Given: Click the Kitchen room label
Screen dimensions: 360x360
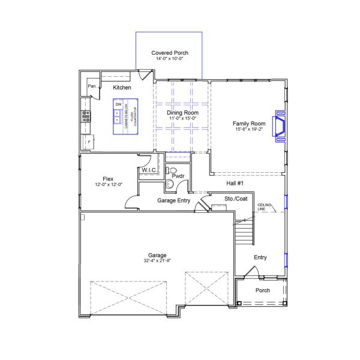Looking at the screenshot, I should (122, 88).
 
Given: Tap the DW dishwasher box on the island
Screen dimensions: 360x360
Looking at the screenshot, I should (118, 105).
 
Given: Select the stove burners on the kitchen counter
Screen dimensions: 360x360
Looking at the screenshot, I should (86, 116).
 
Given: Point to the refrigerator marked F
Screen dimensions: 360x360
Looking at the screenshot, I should (88, 142).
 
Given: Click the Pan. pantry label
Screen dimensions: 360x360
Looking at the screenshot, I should (92, 86).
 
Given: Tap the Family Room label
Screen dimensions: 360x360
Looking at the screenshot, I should (249, 124).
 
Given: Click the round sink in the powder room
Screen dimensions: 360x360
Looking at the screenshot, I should (169, 184).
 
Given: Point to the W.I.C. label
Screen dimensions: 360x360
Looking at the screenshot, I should (149, 171).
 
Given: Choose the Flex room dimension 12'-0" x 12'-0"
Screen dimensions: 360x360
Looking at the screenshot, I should (109, 185).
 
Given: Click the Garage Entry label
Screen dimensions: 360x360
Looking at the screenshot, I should (173, 200).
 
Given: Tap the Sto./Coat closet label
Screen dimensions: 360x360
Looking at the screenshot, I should (236, 198).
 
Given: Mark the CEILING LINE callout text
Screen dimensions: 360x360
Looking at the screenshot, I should (265, 207).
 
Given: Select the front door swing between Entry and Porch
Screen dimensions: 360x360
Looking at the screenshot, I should (253, 273).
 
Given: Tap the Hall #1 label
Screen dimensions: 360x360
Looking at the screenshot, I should (235, 183).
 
